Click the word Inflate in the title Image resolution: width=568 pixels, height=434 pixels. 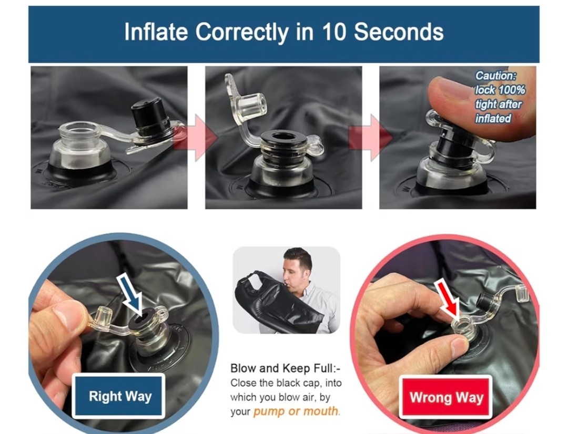pos(156,32)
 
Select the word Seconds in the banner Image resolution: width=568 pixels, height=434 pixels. pos(399,32)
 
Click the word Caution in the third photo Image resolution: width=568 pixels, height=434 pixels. pos(495,76)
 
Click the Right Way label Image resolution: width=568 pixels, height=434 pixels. pos(120,396)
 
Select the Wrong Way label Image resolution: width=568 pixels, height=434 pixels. pos(447,397)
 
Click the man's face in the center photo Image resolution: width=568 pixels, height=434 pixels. pos(296,269)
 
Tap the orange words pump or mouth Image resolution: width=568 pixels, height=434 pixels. pos(296,411)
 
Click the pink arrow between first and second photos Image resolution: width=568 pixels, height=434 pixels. pos(196,138)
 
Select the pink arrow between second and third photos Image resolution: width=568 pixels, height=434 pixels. pos(371,138)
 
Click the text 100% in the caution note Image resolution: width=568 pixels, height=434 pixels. pos(512,90)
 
